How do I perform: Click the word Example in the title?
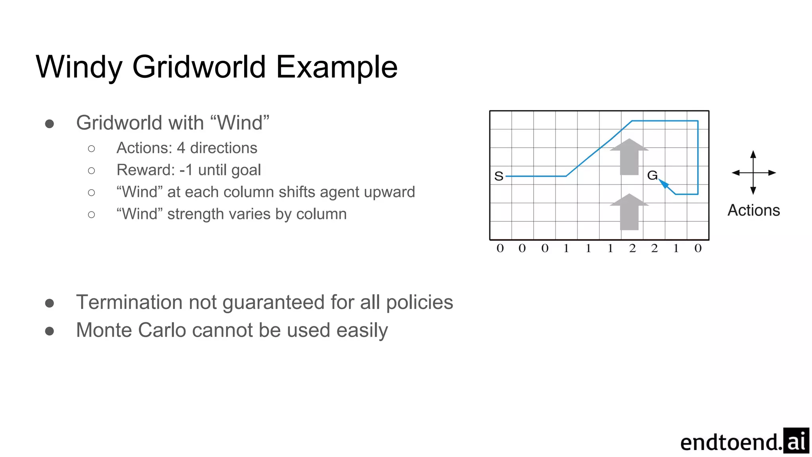[x=336, y=67]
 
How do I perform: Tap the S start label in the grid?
[x=499, y=176]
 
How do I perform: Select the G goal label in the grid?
[x=652, y=175]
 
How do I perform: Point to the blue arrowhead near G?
[x=663, y=184]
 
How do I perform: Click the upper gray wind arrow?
[x=629, y=157]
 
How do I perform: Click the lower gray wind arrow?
[x=629, y=212]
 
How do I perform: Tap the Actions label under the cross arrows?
[x=754, y=210]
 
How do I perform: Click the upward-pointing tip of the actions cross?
[x=753, y=154]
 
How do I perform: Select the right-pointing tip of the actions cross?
[x=773, y=173]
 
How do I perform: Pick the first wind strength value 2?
[x=632, y=248]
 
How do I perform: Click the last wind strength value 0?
[x=698, y=248]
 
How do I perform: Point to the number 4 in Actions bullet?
[x=181, y=148]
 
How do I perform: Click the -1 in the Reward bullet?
[x=186, y=170]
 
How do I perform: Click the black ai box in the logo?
[x=796, y=440]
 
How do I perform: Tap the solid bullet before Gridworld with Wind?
[x=50, y=124]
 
